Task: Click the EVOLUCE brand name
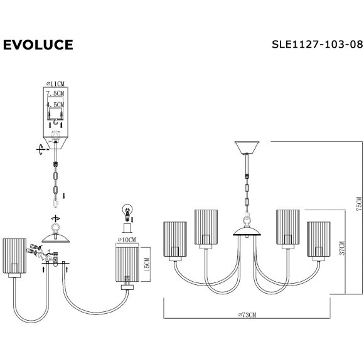pyautogui.click(x=38, y=45)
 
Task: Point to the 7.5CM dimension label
pyautogui.click(x=56, y=93)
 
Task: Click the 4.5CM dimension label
pyautogui.click(x=56, y=105)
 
